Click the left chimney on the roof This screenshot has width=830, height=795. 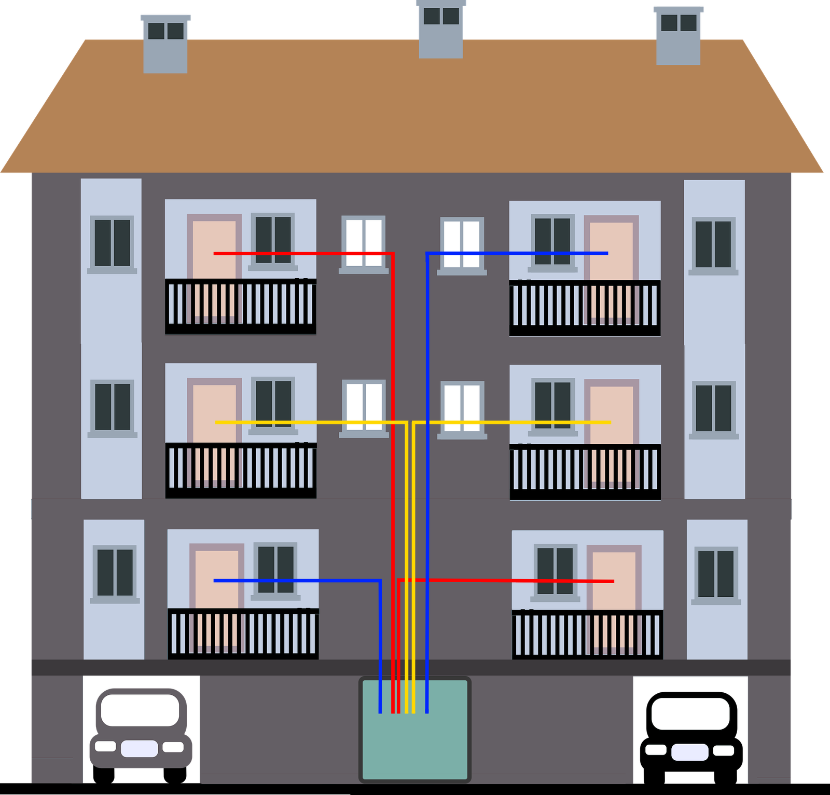pos(165,44)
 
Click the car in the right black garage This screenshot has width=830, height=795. pos(690,729)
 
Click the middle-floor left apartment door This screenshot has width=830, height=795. pos(215,413)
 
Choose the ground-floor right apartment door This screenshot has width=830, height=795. pos(614,579)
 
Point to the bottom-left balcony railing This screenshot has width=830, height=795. pos(243,634)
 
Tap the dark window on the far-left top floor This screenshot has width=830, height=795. pos(112,243)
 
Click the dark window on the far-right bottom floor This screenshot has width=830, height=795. pos(716,574)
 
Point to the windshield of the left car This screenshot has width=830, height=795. pos(140,710)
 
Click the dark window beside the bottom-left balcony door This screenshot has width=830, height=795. pos(275,570)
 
